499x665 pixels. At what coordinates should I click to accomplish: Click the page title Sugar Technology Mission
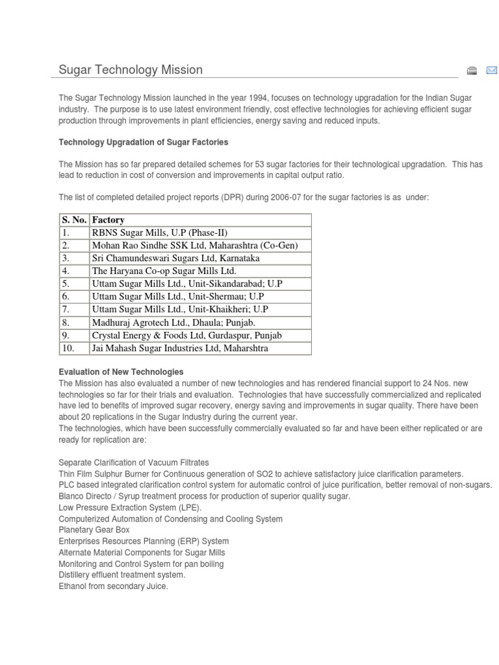(x=131, y=69)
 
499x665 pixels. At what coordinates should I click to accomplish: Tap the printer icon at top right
(x=472, y=70)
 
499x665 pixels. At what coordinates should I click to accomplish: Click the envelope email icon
(x=491, y=70)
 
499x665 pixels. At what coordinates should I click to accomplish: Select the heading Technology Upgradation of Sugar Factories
(x=144, y=142)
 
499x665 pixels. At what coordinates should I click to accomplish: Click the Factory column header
(x=108, y=220)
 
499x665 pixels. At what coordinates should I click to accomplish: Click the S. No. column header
(x=74, y=220)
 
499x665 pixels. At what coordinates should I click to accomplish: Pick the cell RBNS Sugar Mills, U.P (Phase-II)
(x=159, y=232)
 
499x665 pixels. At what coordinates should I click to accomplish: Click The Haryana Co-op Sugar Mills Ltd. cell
(x=164, y=271)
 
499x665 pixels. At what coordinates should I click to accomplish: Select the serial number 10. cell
(x=69, y=349)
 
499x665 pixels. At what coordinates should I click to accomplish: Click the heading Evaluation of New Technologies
(x=122, y=372)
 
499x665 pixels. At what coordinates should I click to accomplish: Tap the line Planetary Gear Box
(x=94, y=530)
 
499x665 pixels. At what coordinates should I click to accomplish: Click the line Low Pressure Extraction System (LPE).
(x=130, y=507)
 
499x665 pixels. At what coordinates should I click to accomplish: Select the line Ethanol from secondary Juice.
(x=113, y=586)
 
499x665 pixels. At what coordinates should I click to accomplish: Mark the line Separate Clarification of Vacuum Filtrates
(x=134, y=462)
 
